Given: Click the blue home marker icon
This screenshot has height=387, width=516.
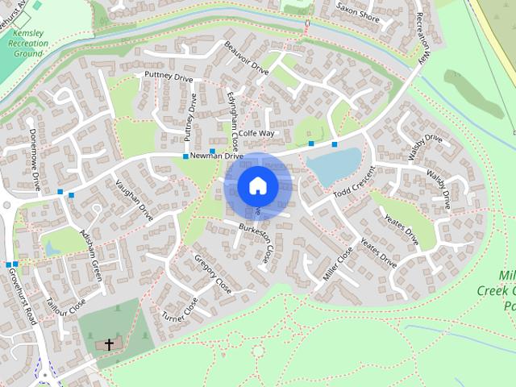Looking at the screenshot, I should [257, 185].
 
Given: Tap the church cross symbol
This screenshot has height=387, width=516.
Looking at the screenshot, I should [109, 344].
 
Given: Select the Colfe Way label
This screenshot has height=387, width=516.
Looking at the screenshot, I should [256, 133].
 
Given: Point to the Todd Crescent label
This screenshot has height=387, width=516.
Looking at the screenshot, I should [355, 185].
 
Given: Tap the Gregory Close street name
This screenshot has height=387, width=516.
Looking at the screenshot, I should [213, 273].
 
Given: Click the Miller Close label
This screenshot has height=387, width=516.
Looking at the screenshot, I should [339, 264].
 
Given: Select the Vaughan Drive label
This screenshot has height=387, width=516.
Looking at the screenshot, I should [135, 200].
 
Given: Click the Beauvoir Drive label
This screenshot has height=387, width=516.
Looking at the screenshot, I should [246, 59].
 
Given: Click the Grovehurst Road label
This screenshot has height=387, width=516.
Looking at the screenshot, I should [23, 298].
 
